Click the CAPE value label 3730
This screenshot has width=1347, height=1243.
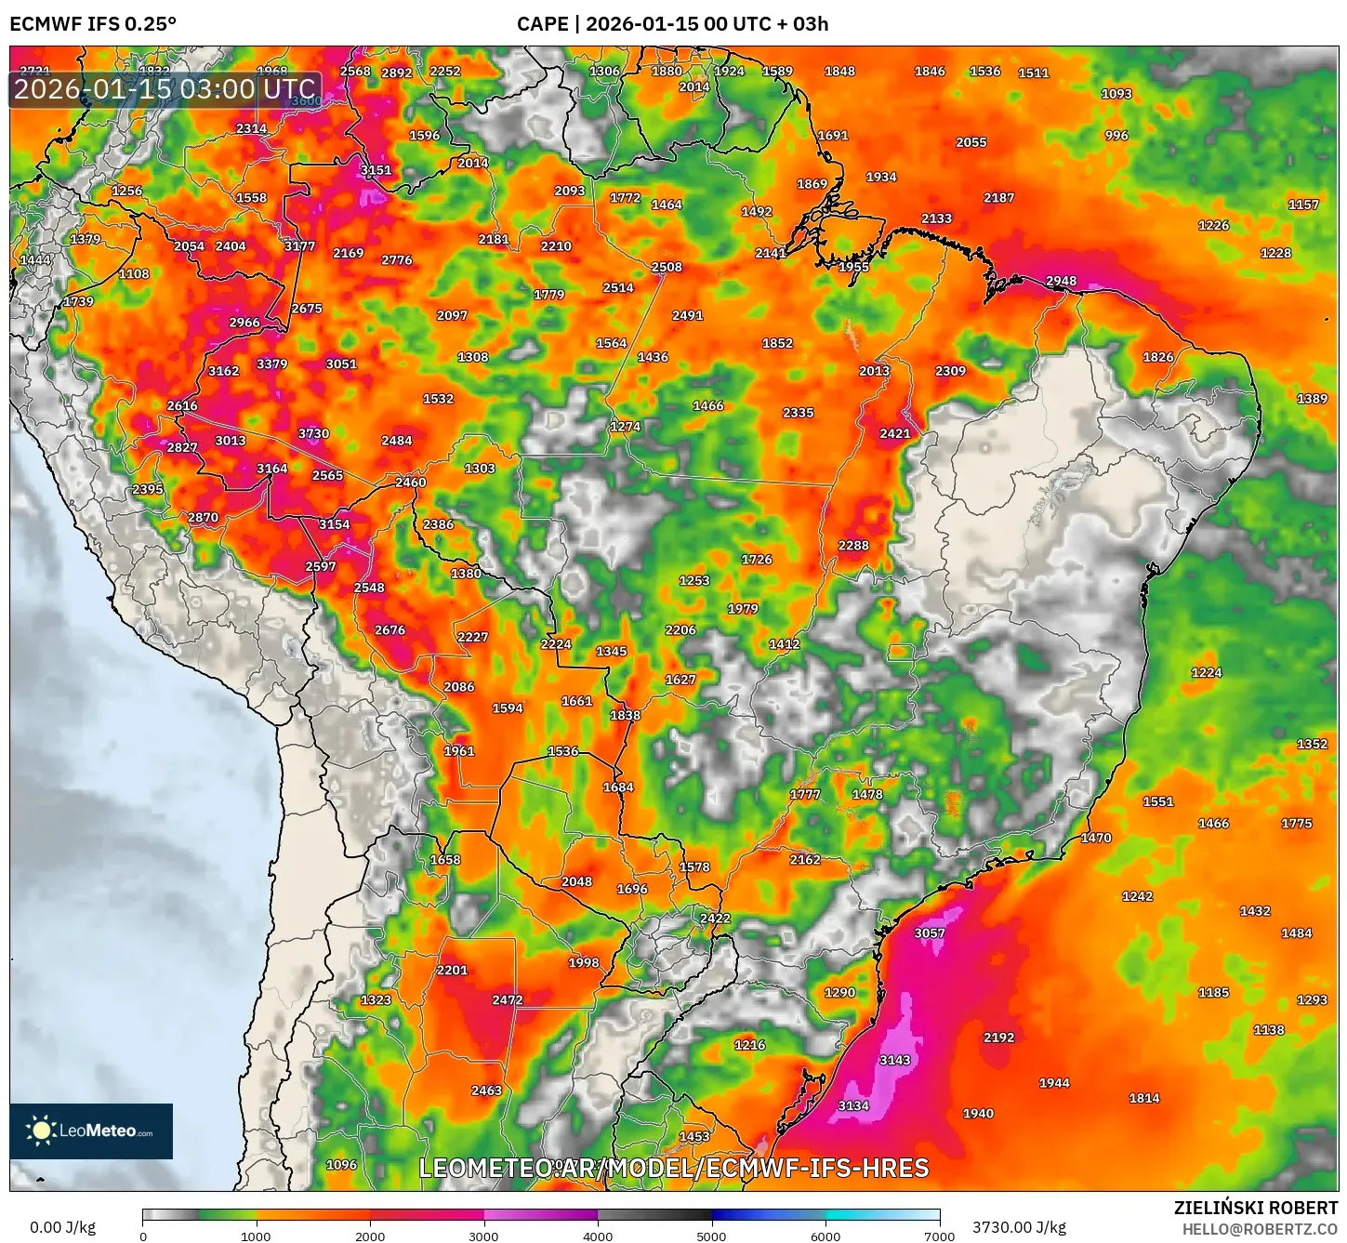tap(313, 433)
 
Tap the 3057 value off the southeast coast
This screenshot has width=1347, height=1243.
tap(930, 933)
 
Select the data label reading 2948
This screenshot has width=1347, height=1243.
tap(1061, 281)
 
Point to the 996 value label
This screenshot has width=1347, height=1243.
tap(1116, 136)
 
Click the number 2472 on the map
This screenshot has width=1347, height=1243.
tap(508, 1000)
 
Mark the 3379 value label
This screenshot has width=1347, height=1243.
tap(271, 364)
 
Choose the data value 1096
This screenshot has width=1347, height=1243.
tap(341, 1165)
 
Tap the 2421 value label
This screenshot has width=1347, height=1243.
tap(895, 433)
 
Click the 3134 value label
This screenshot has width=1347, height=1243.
tap(853, 1105)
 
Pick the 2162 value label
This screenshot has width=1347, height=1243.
tap(805, 860)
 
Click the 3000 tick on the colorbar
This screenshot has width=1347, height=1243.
tap(483, 1236)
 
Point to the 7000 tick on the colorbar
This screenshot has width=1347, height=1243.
tap(939, 1236)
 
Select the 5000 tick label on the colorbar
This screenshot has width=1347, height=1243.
tap(711, 1236)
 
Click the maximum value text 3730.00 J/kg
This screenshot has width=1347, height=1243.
tap(1019, 1227)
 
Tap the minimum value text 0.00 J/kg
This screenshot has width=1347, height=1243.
tap(63, 1227)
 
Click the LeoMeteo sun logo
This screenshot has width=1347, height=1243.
tap(41, 1131)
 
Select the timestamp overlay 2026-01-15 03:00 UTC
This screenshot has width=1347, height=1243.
tap(165, 90)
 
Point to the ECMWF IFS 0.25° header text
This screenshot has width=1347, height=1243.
tap(93, 24)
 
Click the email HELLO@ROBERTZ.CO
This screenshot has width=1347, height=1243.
tap(1260, 1229)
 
